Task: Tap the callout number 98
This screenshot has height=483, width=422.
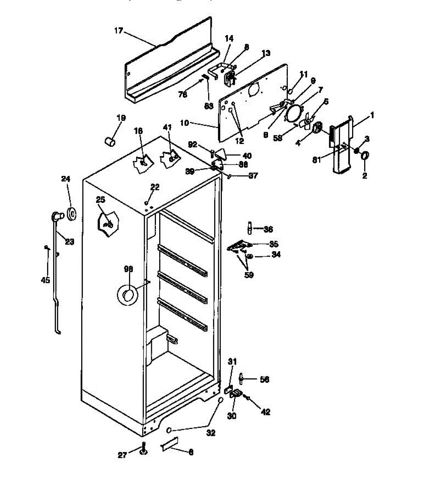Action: [128, 269]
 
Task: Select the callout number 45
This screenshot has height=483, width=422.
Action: [46, 280]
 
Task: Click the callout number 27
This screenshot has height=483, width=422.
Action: [122, 455]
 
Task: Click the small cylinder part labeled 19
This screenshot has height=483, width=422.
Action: [110, 141]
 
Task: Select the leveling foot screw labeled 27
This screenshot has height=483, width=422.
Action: [143, 450]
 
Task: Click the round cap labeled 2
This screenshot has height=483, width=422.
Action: [366, 156]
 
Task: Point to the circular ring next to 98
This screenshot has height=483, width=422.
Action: [128, 295]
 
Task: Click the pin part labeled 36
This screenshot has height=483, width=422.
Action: [250, 229]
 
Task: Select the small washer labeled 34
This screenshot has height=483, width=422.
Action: [249, 256]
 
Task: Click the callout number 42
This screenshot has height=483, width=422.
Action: [266, 412]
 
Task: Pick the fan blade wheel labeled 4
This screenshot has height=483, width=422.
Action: [317, 128]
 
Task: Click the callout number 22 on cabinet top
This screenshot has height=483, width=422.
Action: [155, 187]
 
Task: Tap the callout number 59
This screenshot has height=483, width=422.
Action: [249, 275]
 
